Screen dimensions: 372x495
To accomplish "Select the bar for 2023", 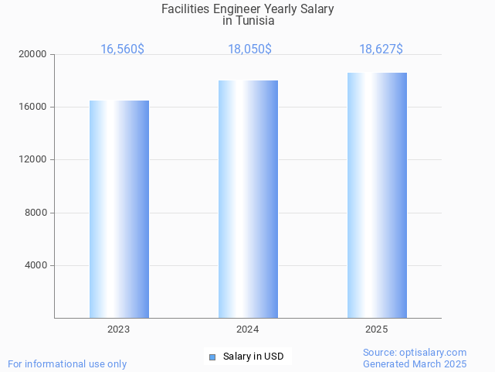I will (119, 209).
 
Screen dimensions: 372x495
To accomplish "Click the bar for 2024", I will (248, 199).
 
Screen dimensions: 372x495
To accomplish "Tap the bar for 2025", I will (377, 195).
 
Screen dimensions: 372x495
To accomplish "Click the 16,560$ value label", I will (122, 49).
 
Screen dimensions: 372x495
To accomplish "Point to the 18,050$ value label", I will (249, 49).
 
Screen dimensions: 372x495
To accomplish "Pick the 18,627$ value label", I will (381, 49).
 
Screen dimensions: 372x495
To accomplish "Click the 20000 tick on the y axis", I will (33, 54).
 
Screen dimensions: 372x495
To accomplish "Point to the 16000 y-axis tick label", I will (33, 107).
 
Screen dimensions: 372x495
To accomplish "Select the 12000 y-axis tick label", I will (33, 160).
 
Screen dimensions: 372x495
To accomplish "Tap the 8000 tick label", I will (36, 213).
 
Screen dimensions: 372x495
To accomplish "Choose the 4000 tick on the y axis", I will (36, 265).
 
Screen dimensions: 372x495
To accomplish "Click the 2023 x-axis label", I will (119, 329).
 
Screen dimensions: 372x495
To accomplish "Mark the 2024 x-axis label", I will (248, 329).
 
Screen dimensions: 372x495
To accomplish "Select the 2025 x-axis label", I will (377, 329).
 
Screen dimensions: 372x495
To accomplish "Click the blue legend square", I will (212, 357).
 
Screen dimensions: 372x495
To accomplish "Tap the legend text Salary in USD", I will (253, 357).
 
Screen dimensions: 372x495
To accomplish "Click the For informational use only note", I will (67, 363).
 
